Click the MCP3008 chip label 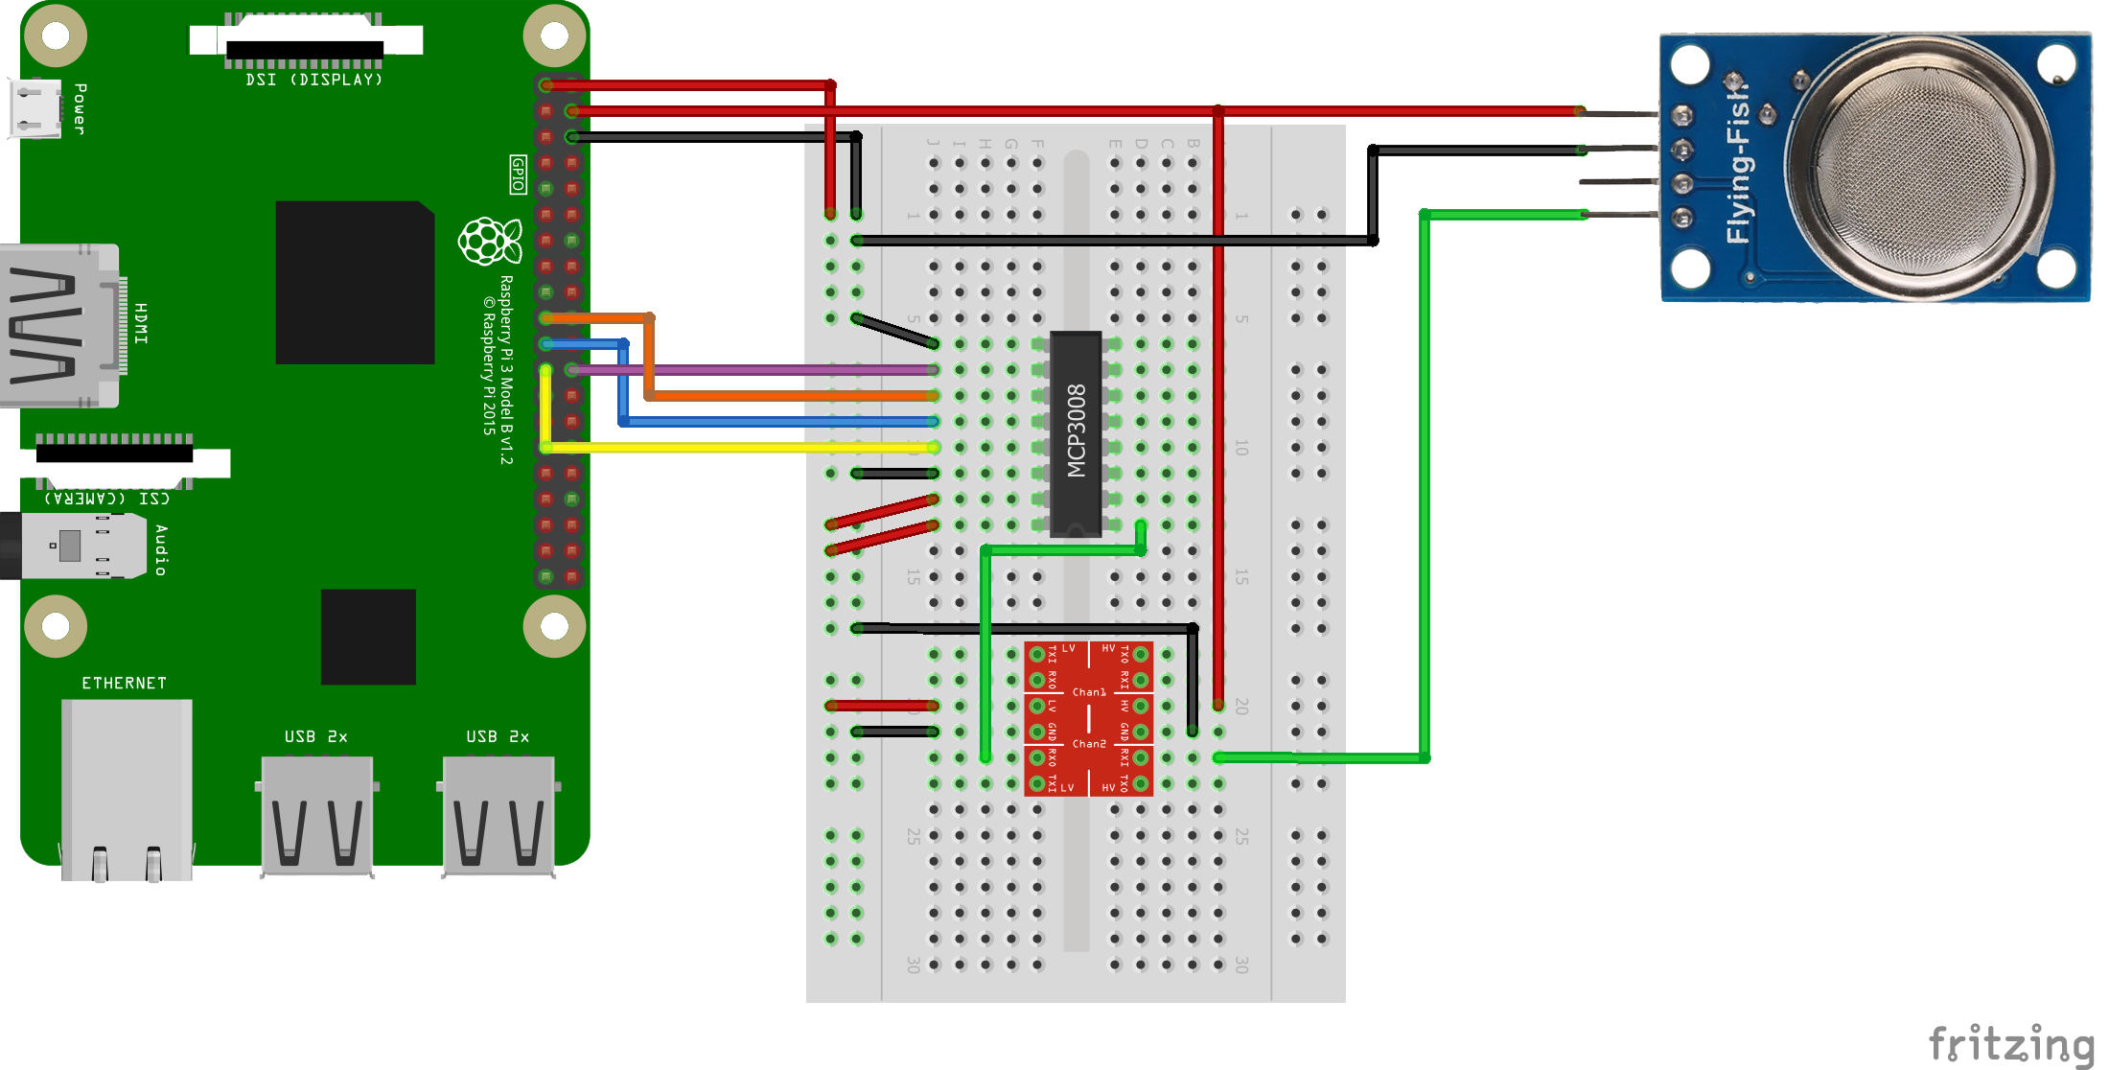click(1077, 431)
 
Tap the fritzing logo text click(2010, 1044)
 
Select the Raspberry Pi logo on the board click(490, 241)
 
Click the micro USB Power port click(35, 107)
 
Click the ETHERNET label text click(124, 683)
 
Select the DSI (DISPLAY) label click(313, 80)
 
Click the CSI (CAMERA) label click(106, 499)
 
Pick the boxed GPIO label click(518, 174)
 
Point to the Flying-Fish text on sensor click(1738, 163)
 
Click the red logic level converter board click(1089, 719)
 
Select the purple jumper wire click(748, 369)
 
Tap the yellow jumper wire click(738, 448)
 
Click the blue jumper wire click(776, 421)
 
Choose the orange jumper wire click(786, 395)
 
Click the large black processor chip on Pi click(355, 282)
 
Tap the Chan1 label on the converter click(1089, 691)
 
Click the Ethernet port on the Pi click(127, 786)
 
